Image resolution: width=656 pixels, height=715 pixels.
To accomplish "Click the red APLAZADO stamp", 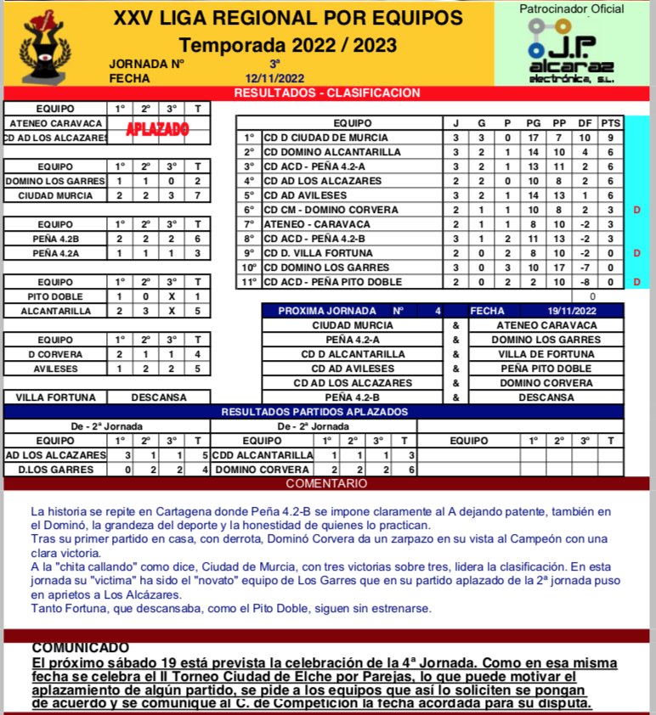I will [x=157, y=130].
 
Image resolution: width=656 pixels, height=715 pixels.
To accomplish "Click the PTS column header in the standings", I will [x=610, y=123].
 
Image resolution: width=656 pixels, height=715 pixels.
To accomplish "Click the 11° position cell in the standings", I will [x=249, y=282].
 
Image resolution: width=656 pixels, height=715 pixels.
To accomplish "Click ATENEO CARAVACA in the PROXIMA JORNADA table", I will [x=546, y=325].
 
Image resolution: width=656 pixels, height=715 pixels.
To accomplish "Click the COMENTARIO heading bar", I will [x=327, y=483].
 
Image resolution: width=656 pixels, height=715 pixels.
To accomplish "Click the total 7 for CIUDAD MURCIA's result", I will [x=197, y=195].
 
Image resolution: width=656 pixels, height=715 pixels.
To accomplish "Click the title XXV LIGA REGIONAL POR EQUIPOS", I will [x=289, y=19].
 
